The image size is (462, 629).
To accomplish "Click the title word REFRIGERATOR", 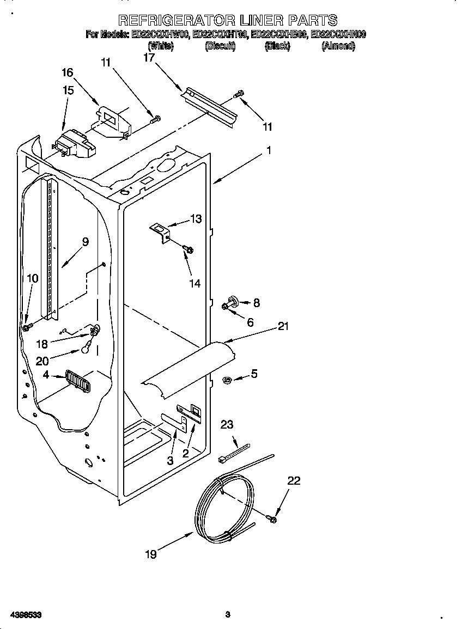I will (x=177, y=21).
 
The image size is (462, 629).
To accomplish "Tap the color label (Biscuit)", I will (x=220, y=47).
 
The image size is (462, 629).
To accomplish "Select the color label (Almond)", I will (x=338, y=47).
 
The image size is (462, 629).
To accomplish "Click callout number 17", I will (x=149, y=58).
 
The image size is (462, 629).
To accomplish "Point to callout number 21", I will (x=283, y=326).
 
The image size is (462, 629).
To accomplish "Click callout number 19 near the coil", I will (x=151, y=554).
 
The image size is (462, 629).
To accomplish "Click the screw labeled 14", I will (x=189, y=249).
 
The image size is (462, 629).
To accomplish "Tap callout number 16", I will (x=67, y=72).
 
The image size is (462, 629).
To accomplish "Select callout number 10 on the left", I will (x=33, y=278).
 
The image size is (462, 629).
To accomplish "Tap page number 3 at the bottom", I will (x=228, y=615).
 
